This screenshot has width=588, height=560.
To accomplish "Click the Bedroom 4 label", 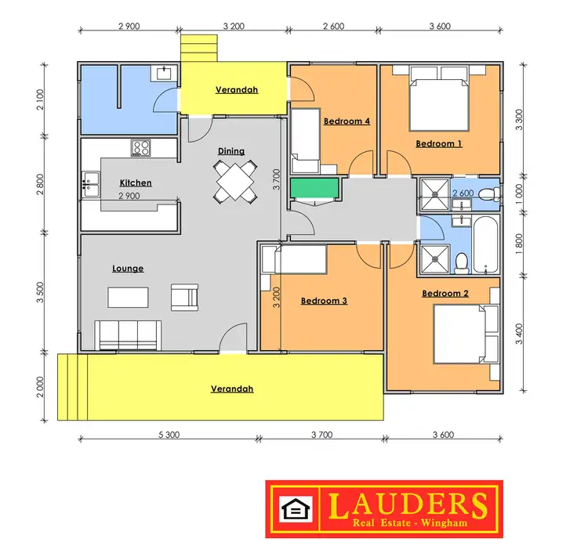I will (x=347, y=121).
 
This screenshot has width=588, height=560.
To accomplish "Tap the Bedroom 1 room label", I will (x=438, y=143).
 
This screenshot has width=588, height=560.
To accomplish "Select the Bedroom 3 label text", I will (x=324, y=301).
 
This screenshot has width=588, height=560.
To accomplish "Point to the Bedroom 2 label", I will (x=445, y=294).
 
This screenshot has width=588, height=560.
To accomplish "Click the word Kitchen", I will (x=136, y=182).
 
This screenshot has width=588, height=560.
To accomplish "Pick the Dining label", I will (x=231, y=151).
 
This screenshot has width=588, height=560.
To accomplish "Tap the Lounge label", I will (x=128, y=269).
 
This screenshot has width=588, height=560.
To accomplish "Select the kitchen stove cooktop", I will (x=141, y=146).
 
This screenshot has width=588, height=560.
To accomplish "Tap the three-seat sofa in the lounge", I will (x=128, y=334).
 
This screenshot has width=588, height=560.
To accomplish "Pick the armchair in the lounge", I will (x=186, y=297).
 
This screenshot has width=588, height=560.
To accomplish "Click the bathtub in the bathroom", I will (x=485, y=244).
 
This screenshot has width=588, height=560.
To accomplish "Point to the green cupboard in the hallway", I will (x=315, y=189).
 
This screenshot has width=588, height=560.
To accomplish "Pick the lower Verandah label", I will (x=232, y=388).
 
